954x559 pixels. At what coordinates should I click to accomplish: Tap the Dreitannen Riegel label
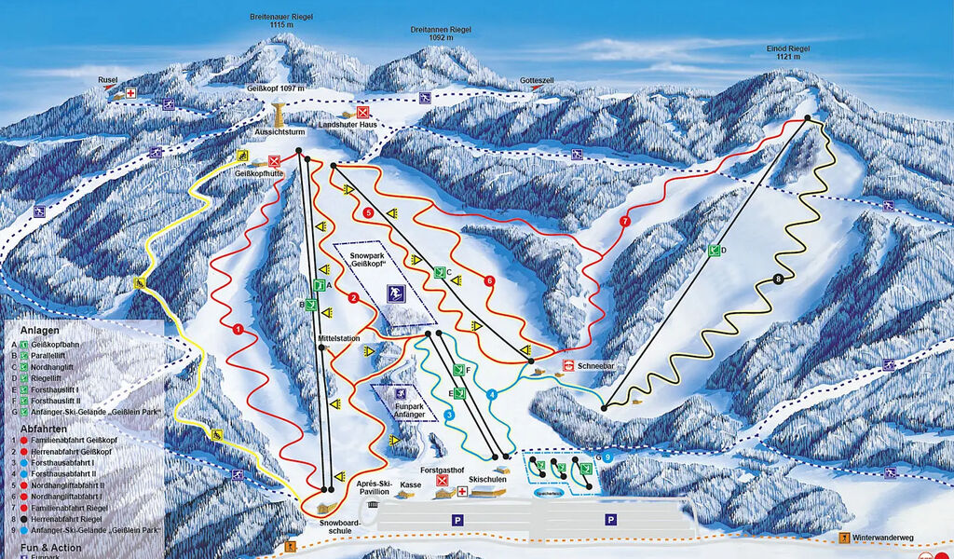(441, 34)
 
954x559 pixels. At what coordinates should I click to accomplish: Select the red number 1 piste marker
(238, 329)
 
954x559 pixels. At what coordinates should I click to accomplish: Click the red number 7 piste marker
(624, 221)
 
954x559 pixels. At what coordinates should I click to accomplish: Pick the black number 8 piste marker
(778, 279)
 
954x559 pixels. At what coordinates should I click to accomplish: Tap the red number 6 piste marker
(489, 281)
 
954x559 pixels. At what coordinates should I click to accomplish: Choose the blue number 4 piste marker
(492, 394)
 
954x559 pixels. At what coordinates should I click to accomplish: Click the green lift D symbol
(715, 250)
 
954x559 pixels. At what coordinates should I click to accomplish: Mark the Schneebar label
(596, 367)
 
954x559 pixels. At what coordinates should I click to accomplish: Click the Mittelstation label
(338, 338)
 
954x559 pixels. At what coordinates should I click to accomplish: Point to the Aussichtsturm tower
(279, 116)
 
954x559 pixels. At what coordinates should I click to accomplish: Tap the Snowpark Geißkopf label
(372, 259)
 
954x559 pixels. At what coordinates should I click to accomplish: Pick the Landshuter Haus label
(348, 125)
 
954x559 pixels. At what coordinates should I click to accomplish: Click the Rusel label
(107, 81)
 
